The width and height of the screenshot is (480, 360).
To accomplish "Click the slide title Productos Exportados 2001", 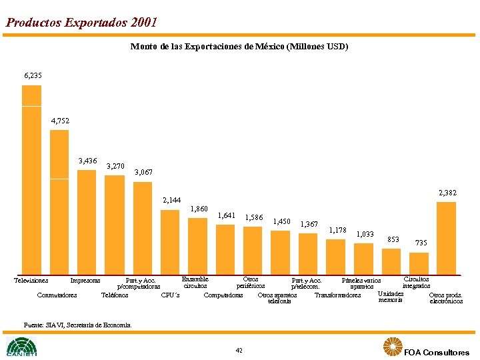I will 81,22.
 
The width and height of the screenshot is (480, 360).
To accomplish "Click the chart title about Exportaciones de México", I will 239,47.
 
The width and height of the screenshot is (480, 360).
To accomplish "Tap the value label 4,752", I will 60,121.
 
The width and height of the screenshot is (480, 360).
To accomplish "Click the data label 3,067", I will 144,173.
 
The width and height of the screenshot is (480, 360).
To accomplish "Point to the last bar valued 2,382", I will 446,237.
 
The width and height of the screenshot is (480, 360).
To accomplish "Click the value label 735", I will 421,243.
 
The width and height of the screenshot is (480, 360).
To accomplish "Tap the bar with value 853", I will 391,260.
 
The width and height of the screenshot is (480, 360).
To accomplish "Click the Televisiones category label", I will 31,281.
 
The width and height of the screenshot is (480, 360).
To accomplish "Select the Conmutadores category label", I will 57,295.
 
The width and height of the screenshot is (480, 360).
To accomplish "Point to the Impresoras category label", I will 85,281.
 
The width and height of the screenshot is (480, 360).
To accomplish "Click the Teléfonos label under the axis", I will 115,295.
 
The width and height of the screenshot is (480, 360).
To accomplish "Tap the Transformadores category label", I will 337,295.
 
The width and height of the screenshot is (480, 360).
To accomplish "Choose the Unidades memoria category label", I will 391,297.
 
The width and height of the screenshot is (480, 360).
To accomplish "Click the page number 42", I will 239,350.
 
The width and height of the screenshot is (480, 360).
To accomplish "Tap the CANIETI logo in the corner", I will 21,347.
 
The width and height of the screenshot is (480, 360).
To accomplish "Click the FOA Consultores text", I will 436,352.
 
